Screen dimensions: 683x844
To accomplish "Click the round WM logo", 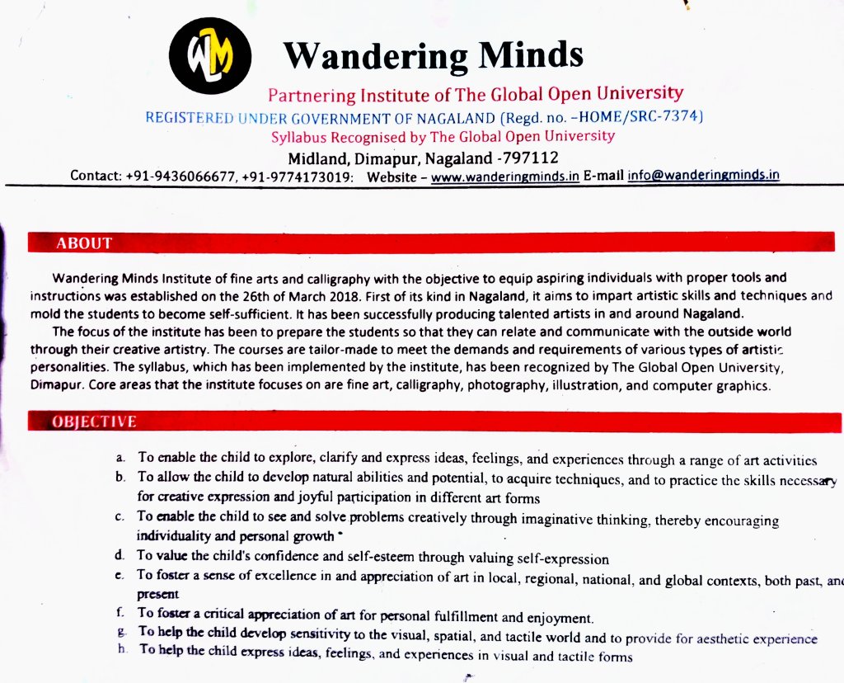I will click(210, 56).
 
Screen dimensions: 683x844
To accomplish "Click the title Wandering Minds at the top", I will click(433, 55).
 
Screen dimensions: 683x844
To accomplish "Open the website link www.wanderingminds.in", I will click(505, 176).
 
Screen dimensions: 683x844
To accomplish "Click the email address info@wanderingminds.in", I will click(703, 175).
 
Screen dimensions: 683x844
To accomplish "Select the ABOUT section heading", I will click(83, 243).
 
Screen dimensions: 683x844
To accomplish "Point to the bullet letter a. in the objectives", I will click(120, 458).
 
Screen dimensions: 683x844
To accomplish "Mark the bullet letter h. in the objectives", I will click(122, 650).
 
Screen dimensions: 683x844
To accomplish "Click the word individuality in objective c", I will click(175, 535).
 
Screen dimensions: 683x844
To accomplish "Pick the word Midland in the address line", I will click(317, 157).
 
